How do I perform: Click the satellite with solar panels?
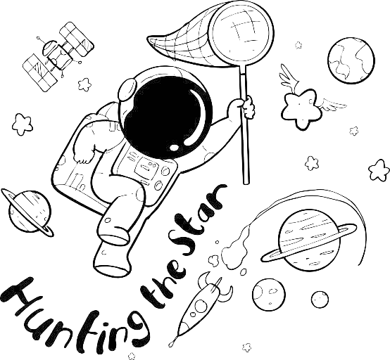[x=58, y=57]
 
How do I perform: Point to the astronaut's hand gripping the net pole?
[x=247, y=108]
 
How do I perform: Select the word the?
[x=163, y=281]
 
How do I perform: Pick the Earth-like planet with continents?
[x=351, y=60]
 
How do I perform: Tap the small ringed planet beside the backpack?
[x=27, y=212]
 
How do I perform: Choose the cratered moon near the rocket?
[x=269, y=294]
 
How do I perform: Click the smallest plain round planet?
[x=320, y=300]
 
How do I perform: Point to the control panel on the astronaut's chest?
[x=146, y=168]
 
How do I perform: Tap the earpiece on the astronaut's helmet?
[x=127, y=90]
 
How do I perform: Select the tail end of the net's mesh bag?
[x=149, y=40]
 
